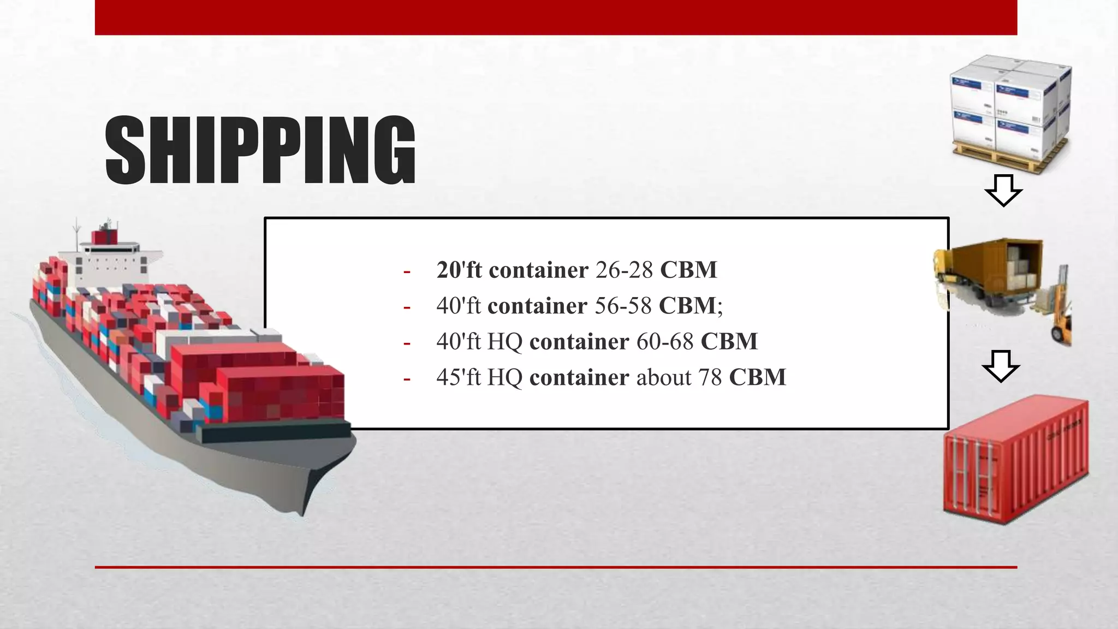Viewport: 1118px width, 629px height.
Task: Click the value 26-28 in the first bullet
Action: pyautogui.click(x=624, y=270)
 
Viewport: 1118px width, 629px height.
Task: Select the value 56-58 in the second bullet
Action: pyautogui.click(x=623, y=306)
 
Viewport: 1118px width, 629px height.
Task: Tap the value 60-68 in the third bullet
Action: pyautogui.click(x=665, y=342)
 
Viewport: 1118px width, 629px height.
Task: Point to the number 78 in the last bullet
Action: pyautogui.click(x=710, y=377)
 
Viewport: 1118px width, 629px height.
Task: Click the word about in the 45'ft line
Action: pyautogui.click(x=664, y=377)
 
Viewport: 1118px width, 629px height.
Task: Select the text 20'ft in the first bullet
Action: pyautogui.click(x=459, y=270)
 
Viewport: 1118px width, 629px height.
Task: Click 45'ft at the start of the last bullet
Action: pyautogui.click(x=459, y=377)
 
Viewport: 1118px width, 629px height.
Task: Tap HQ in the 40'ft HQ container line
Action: pyautogui.click(x=505, y=342)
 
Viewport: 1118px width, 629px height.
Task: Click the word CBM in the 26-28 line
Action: pyautogui.click(x=688, y=270)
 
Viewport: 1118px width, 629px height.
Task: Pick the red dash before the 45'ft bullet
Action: pyautogui.click(x=407, y=378)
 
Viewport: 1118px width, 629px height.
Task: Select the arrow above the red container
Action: pyautogui.click(x=1001, y=365)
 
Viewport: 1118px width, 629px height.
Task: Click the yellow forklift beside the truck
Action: pyautogui.click(x=1060, y=311)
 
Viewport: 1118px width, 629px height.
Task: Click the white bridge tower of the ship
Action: pyautogui.click(x=112, y=254)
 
